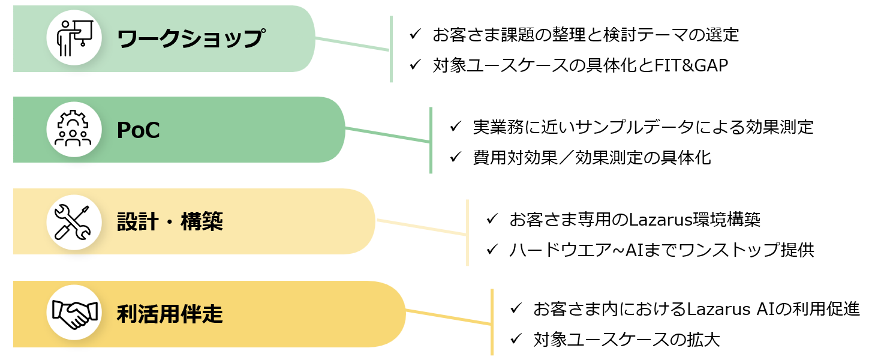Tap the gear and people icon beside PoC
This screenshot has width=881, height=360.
point(74,130)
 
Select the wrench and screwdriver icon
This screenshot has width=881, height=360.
point(74,222)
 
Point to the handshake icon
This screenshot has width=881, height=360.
point(74,314)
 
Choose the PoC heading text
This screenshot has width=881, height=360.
point(138,130)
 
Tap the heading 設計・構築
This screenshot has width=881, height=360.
point(170,222)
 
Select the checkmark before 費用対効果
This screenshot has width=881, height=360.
point(456,157)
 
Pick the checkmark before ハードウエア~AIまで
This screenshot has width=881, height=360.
point(493,250)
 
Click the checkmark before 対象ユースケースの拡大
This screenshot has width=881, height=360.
point(516,340)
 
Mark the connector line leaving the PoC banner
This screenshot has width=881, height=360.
point(387,135)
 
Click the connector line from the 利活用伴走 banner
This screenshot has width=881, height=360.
point(448,317)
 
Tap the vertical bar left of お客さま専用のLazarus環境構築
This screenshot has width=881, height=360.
point(467,233)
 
